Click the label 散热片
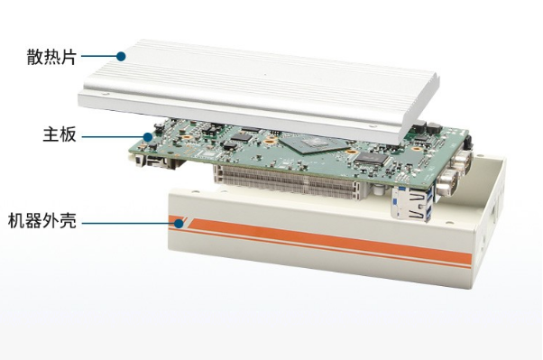51,57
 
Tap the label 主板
60,134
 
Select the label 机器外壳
41,221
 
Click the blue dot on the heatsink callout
121,57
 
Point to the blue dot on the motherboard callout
148,137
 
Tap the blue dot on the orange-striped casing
179,224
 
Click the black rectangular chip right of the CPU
372,158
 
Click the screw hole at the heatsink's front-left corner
103,94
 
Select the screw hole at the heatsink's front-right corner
372,126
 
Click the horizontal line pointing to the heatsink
98,57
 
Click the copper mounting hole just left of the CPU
269,142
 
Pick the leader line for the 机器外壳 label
128,224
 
